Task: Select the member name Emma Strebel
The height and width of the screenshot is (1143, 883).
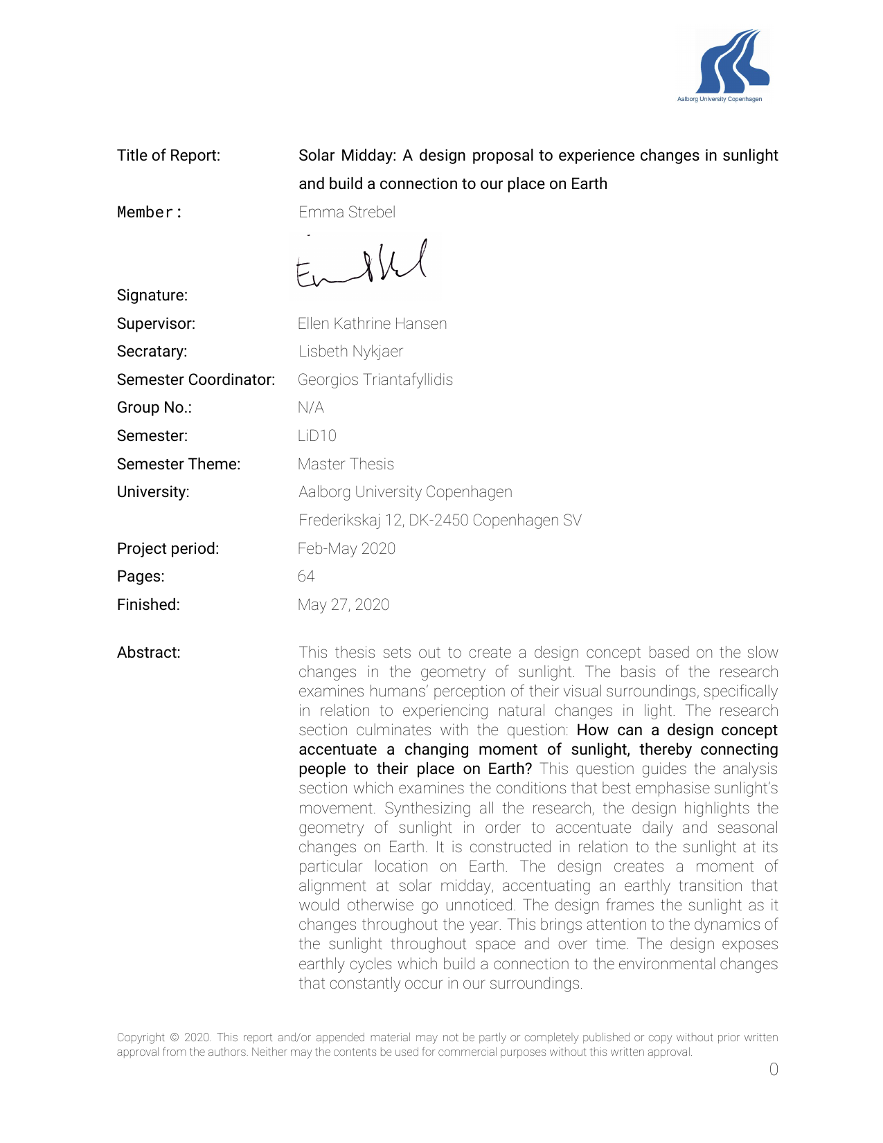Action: (347, 213)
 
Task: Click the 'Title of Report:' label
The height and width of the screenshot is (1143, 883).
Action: (168, 156)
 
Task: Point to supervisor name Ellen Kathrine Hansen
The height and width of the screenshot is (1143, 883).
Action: (372, 324)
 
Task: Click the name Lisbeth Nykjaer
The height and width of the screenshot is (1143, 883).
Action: (350, 352)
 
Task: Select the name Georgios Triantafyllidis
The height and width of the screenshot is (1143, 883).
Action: (375, 380)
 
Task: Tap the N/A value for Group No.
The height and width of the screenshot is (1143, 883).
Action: (310, 408)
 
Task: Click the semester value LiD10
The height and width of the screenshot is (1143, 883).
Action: (316, 436)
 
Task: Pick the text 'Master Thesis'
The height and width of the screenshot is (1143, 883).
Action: (346, 465)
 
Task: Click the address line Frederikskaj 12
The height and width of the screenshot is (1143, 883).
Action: (440, 521)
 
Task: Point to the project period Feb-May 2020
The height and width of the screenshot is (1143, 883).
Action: (346, 549)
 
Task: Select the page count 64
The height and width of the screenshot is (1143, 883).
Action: (306, 577)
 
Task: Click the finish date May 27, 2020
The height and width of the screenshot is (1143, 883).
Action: (343, 605)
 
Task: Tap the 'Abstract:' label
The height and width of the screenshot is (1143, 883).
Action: (148, 653)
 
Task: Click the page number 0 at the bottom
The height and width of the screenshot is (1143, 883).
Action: (774, 1070)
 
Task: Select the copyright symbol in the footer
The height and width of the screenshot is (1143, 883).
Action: (175, 1038)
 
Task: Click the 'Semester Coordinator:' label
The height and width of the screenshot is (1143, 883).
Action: (196, 380)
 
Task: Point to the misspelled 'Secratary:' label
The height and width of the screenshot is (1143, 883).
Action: (152, 352)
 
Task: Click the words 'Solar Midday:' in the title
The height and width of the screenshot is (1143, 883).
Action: (347, 156)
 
